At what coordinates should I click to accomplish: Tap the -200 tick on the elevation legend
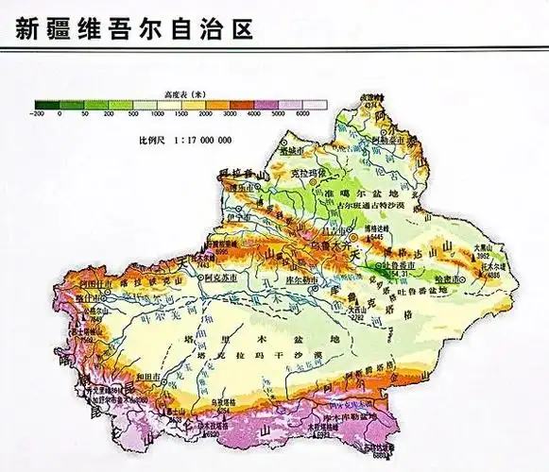tap(37, 113)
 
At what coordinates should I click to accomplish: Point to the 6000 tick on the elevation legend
tap(303, 113)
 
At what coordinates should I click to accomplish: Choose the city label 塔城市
tap(292, 150)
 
